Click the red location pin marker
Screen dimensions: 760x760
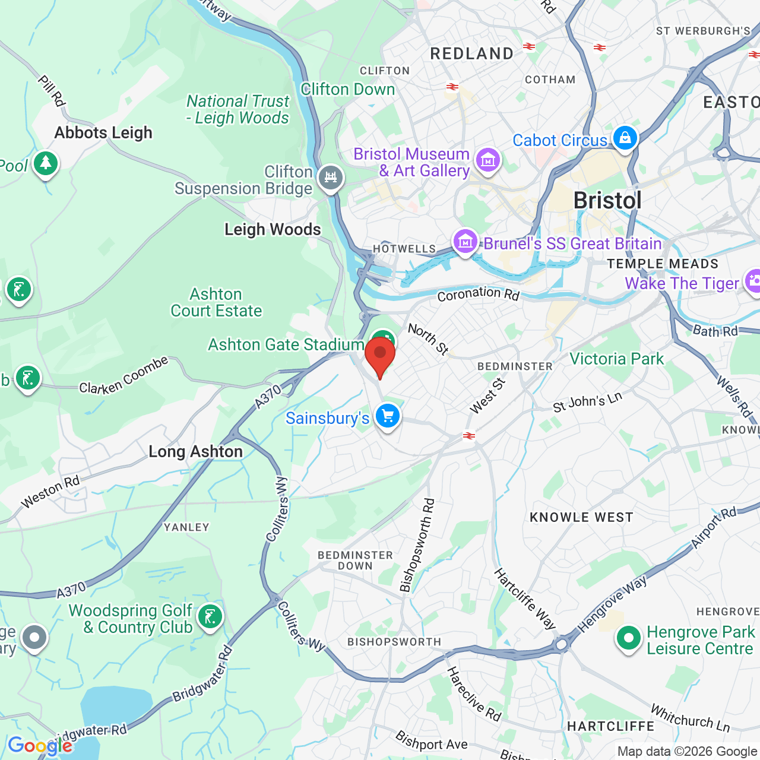(380, 354)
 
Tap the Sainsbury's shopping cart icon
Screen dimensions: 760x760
(388, 416)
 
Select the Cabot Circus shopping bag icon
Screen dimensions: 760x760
(625, 138)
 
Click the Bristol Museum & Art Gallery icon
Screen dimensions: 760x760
(488, 160)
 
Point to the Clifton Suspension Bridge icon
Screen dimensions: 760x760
(331, 178)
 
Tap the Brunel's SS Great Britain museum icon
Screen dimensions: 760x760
(465, 242)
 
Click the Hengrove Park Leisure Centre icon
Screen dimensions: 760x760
(628, 639)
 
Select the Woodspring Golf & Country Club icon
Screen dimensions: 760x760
(210, 617)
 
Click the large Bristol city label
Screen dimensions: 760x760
(607, 201)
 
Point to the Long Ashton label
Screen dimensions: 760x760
(195, 452)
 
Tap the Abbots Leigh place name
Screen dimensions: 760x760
(103, 132)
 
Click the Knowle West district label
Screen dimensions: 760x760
(581, 517)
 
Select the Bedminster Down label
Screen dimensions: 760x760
(355, 560)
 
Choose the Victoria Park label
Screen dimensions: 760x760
(616, 359)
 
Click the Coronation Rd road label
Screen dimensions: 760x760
(478, 294)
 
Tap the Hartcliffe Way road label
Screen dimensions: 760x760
(525, 598)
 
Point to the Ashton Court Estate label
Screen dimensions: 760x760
(216, 302)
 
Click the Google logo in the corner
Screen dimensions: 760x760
(40, 746)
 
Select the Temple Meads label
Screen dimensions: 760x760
(663, 264)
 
